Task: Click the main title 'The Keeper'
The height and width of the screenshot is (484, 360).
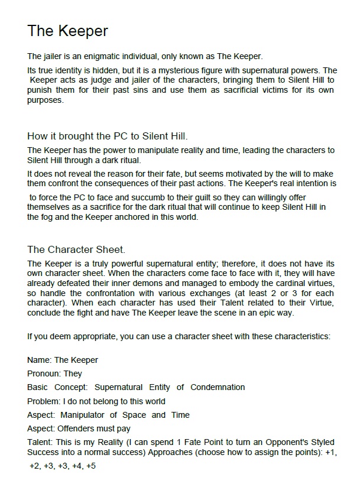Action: click(67, 31)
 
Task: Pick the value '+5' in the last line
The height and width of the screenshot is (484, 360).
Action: click(90, 466)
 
